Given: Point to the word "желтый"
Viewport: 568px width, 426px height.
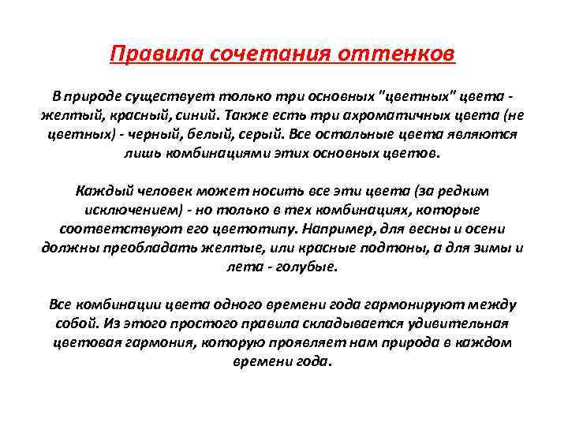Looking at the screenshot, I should click(x=67, y=115).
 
